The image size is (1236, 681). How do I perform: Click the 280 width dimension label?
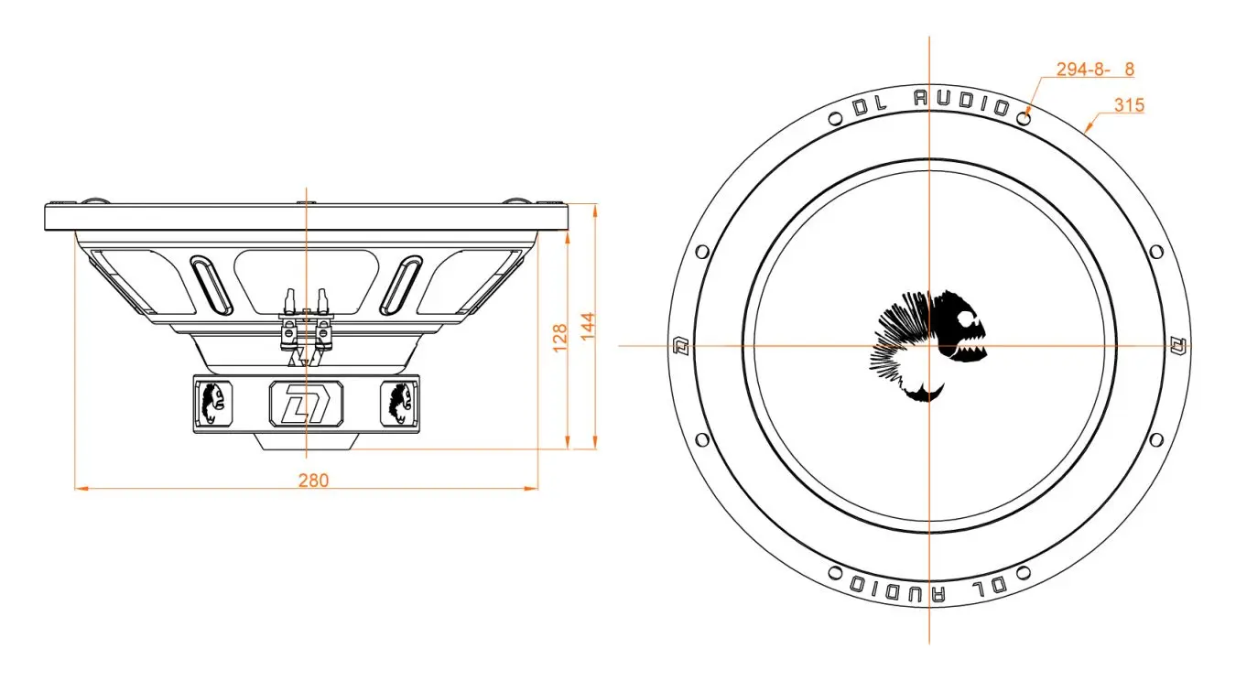pos(313,481)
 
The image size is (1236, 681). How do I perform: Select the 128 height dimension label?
pos(560,338)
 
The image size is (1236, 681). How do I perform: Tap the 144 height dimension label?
pos(588,326)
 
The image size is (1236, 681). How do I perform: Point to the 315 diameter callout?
pos(1129,105)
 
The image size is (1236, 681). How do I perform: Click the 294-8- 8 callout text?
pos(1095,69)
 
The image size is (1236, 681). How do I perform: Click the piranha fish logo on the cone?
pos(929,346)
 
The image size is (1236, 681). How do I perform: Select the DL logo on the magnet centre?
pos(306,404)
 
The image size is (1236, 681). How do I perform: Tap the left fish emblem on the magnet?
pos(213,404)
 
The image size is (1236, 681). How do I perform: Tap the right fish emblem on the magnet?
pos(400,404)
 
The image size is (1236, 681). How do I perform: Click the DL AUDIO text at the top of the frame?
pos(931,103)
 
